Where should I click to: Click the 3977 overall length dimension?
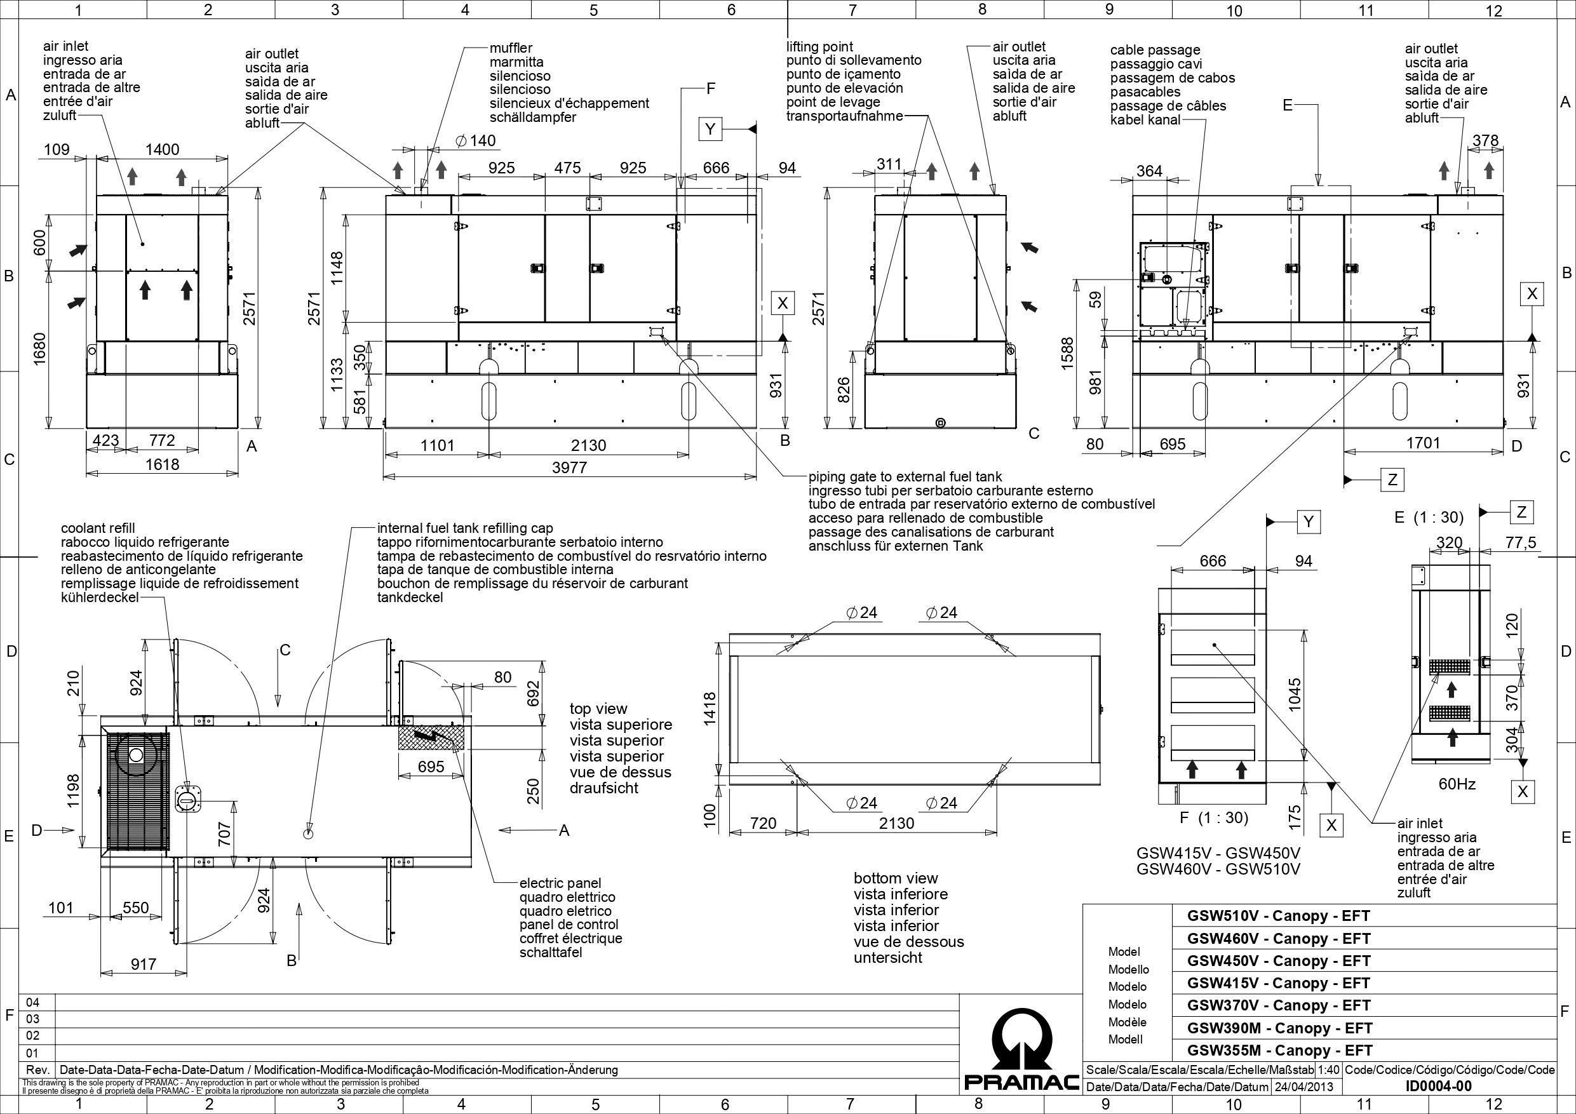[570, 467]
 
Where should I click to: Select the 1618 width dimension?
[162, 464]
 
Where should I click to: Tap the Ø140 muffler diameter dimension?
[475, 141]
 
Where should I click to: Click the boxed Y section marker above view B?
[710, 129]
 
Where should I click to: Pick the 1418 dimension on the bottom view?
[710, 708]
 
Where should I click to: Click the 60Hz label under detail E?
[1457, 784]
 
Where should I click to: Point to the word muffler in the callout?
[511, 48]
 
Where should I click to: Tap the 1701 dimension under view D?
[1423, 443]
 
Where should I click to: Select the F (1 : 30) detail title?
[1213, 817]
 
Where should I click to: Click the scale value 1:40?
[1328, 1070]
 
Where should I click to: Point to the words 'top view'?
[598, 709]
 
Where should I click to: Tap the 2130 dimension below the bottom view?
[897, 823]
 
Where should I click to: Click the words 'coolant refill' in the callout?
[98, 528]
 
